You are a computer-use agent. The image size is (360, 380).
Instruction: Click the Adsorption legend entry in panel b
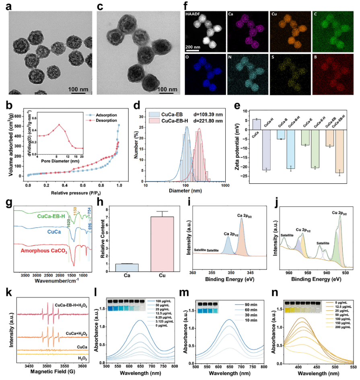pyautogui.click(x=105, y=115)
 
